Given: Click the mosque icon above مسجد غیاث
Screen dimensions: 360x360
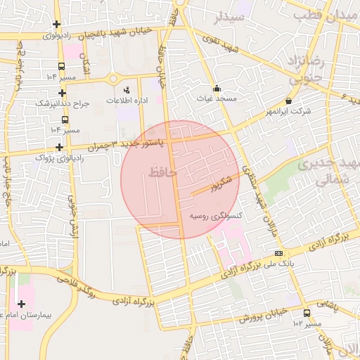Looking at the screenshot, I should click(217, 89).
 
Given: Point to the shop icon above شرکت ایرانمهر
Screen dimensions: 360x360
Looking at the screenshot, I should click(289, 101).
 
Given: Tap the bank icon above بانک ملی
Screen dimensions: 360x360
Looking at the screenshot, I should click(279, 253).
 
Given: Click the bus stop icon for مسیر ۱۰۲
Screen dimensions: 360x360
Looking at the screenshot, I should click(307, 313).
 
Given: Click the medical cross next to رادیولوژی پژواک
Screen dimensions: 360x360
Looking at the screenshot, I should click(60, 148).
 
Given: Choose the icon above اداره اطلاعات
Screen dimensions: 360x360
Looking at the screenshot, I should click(127, 90).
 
